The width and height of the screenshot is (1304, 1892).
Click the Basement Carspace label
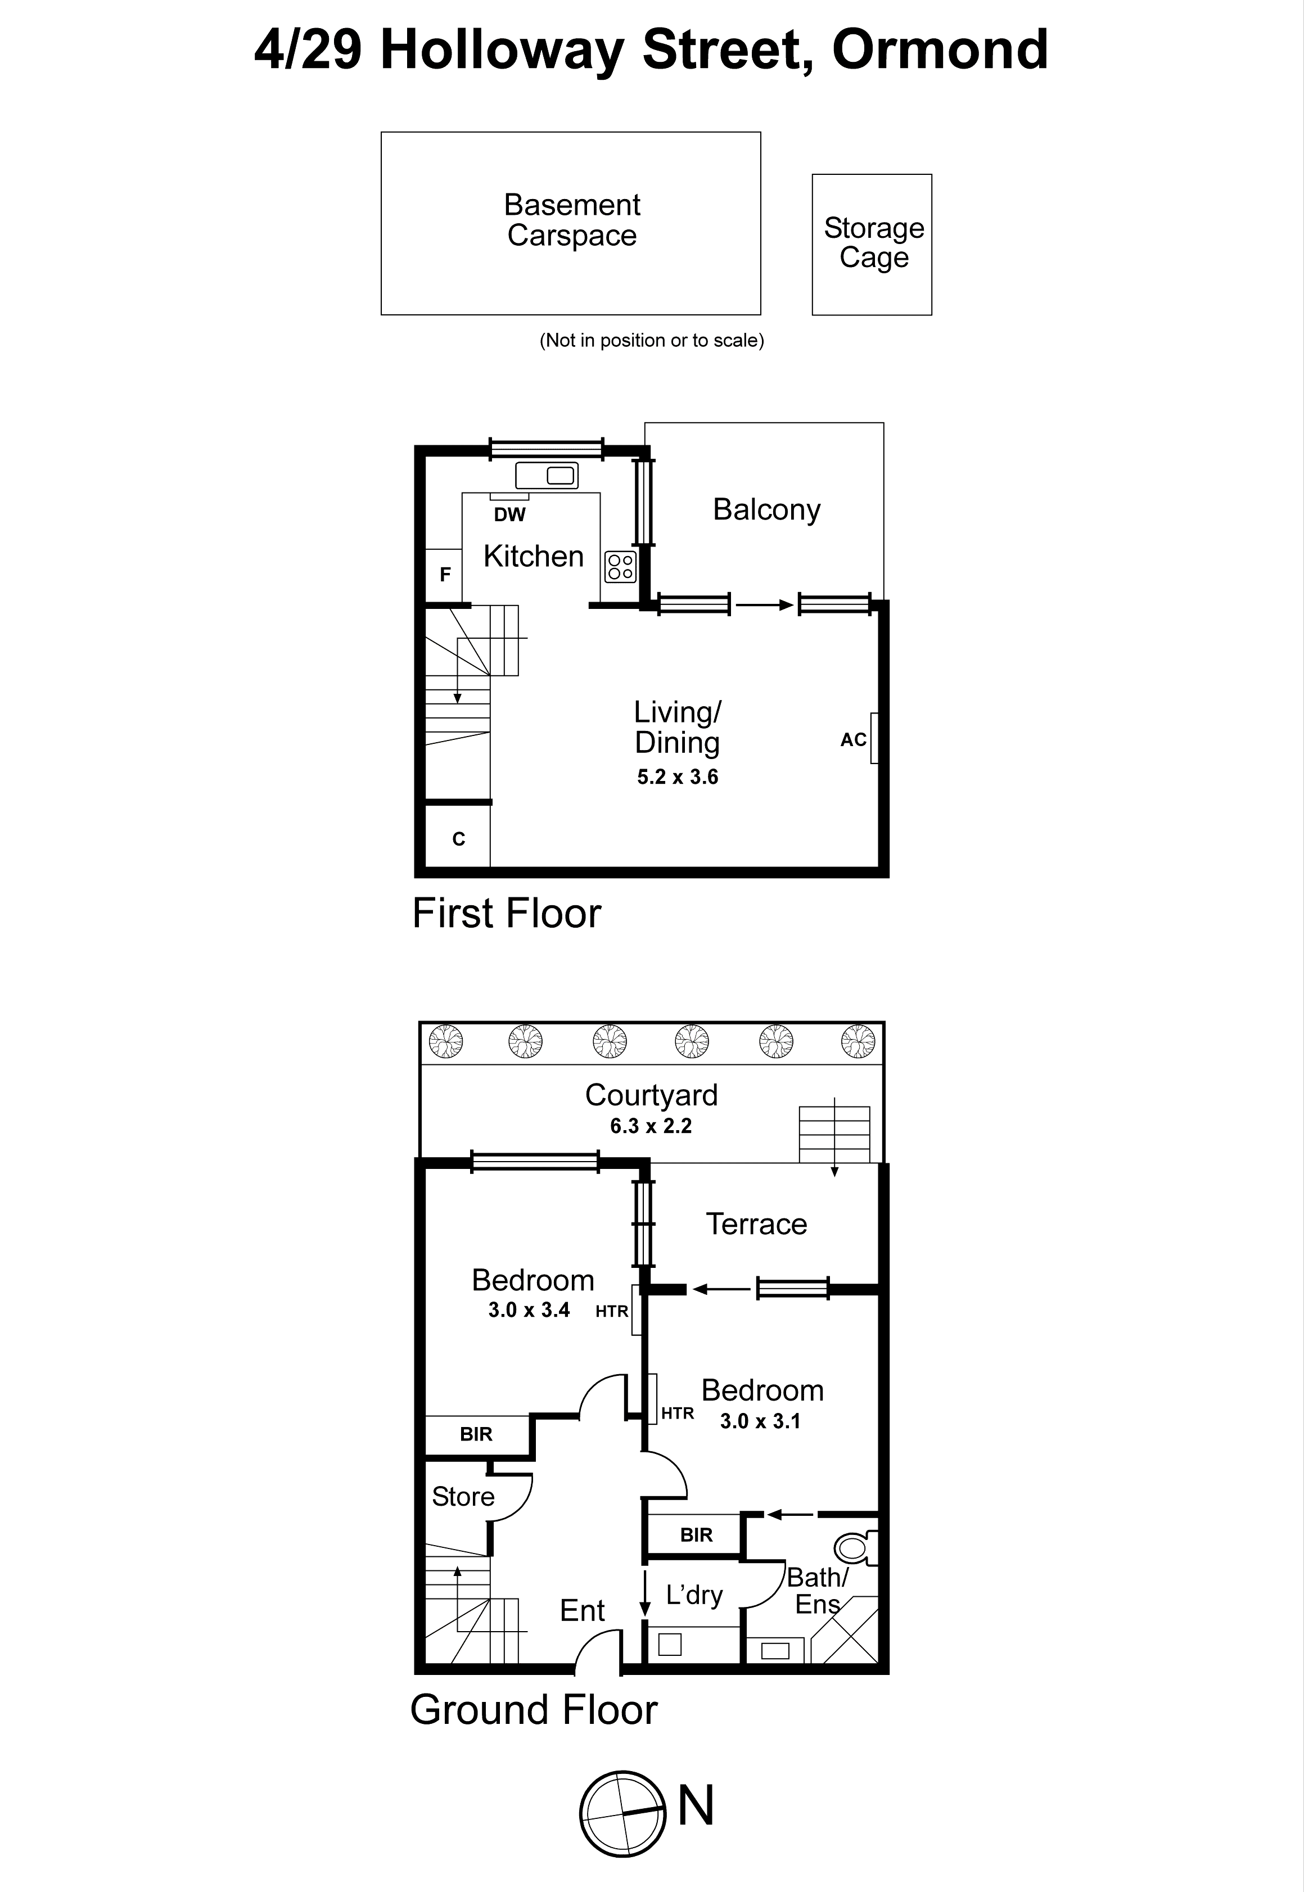pyautogui.click(x=571, y=220)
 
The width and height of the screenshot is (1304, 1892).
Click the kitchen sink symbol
pyautogui.click(x=547, y=475)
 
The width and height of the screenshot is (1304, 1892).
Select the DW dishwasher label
pyautogui.click(x=509, y=514)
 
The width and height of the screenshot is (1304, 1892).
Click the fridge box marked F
pyautogui.click(x=444, y=574)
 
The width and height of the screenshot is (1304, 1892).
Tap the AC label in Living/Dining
pyautogui.click(x=853, y=739)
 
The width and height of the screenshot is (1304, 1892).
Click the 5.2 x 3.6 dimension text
pyautogui.click(x=678, y=777)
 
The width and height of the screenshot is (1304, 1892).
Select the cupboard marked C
pyautogui.click(x=458, y=838)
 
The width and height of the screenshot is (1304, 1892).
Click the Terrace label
pyautogui.click(x=756, y=1223)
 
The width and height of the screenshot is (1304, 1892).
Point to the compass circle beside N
pyautogui.click(x=622, y=1814)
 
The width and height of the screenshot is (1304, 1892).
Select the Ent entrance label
pyautogui.click(x=582, y=1610)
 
